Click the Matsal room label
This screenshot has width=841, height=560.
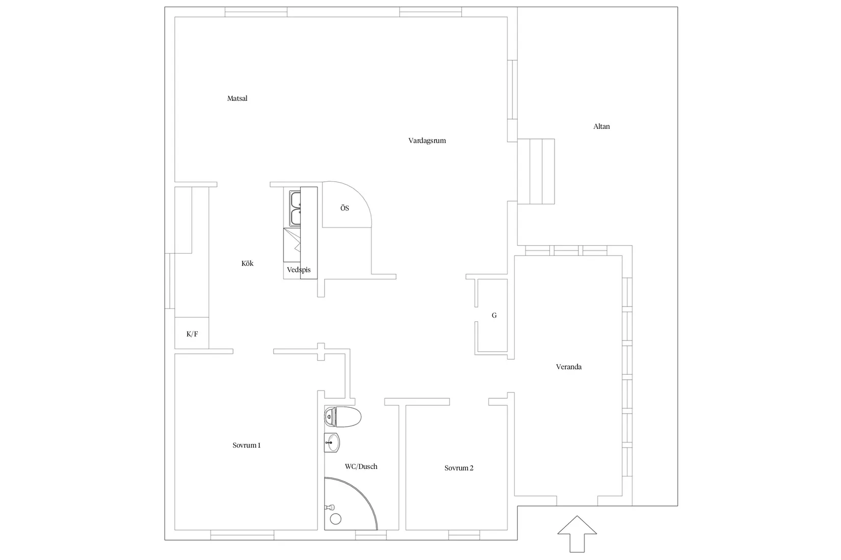(238, 99)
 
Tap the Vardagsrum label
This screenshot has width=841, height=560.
(427, 141)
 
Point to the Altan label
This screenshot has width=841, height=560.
(601, 126)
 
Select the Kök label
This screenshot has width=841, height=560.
(247, 263)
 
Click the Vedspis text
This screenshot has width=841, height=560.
(299, 270)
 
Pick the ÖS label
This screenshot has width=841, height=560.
(345, 208)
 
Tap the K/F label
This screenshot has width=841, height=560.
(192, 334)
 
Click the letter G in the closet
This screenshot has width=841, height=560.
(494, 316)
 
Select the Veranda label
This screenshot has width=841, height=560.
(569, 367)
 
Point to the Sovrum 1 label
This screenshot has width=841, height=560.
(246, 445)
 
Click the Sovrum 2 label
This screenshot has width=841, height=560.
(459, 468)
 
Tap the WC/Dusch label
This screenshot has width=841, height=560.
(361, 467)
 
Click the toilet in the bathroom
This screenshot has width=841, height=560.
(343, 417)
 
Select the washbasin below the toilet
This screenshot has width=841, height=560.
(332, 442)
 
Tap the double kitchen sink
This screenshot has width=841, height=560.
(295, 208)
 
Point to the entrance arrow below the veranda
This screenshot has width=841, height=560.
(577, 534)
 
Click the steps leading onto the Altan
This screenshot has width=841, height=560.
(536, 172)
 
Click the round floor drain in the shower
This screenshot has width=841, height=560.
(336, 519)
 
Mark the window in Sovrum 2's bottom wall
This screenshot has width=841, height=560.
(464, 535)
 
